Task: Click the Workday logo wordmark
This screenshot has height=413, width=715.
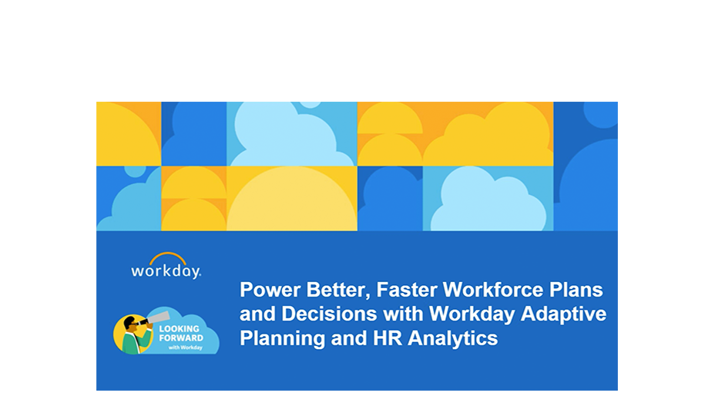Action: [166, 271]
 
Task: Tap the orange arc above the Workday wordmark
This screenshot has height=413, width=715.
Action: [167, 257]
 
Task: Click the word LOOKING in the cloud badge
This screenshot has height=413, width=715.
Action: [177, 328]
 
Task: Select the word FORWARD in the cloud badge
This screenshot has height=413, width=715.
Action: [180, 337]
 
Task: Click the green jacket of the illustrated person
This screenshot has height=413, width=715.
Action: [132, 344]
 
